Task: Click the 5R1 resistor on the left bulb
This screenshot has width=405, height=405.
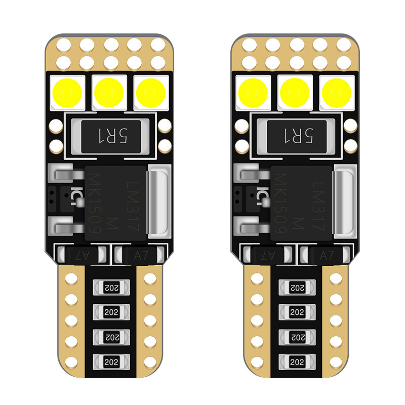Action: (x=108, y=136)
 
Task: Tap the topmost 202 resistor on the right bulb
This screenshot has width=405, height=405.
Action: (x=295, y=288)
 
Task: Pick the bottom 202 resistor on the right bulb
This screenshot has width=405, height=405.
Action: (x=295, y=361)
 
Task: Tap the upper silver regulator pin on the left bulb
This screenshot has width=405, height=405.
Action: (x=65, y=175)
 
